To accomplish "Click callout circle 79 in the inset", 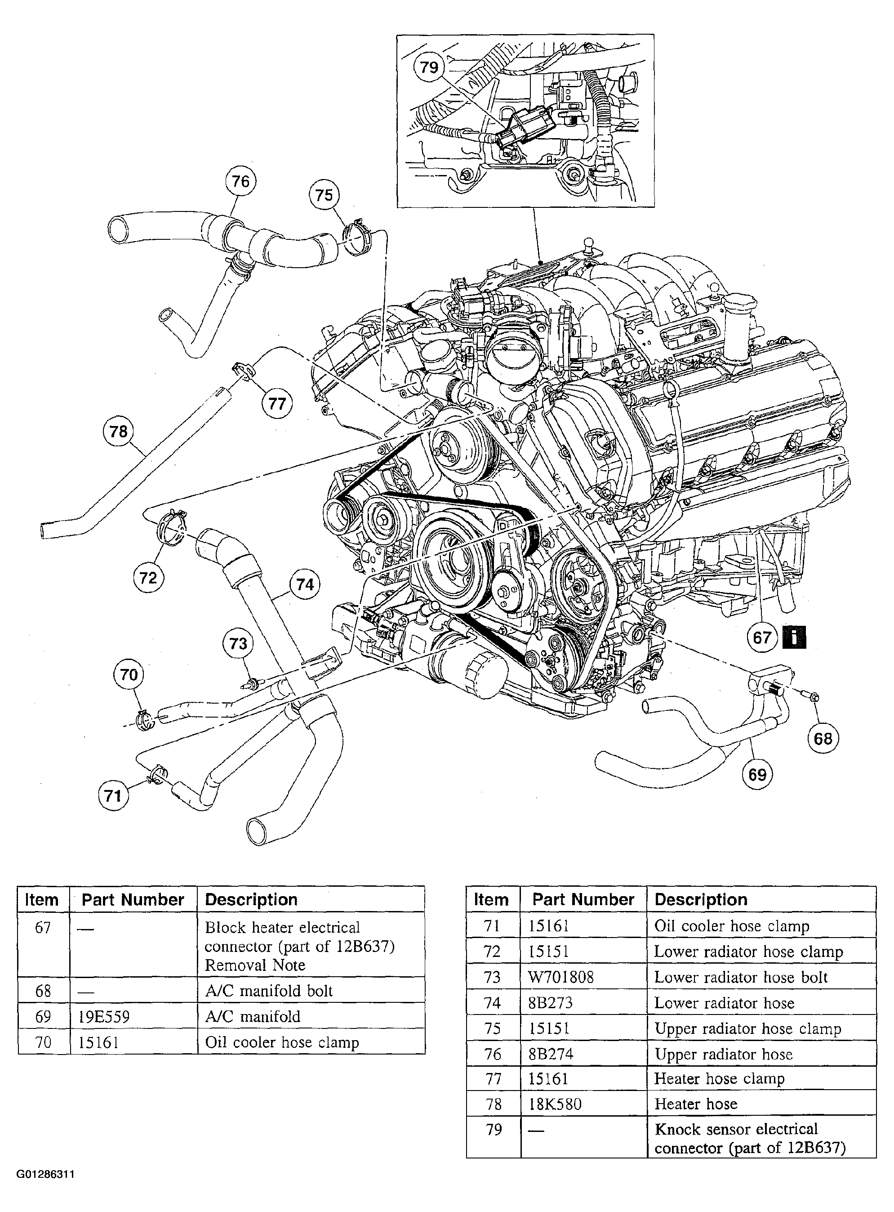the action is click(429, 67).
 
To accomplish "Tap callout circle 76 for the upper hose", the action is click(240, 181).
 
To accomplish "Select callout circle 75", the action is click(324, 195).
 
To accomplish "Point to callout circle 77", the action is click(276, 404).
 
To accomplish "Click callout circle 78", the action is click(118, 431).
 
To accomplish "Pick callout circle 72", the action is click(148, 578).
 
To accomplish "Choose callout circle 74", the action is click(305, 584).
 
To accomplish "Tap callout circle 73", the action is click(238, 643).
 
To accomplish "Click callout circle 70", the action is click(129, 675).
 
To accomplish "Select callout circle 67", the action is click(762, 637).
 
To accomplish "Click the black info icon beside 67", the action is click(794, 637).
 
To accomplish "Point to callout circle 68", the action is click(823, 738).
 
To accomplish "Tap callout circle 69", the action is click(757, 774).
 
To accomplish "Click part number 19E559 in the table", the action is click(104, 1016).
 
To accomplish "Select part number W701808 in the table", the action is click(560, 977).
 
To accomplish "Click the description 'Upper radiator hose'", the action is click(724, 1054).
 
